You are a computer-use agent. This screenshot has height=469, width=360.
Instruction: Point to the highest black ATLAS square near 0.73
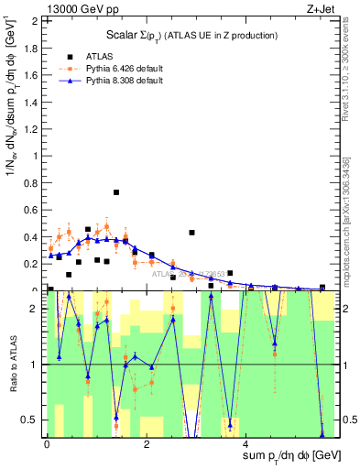pyautogui.click(x=116, y=192)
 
